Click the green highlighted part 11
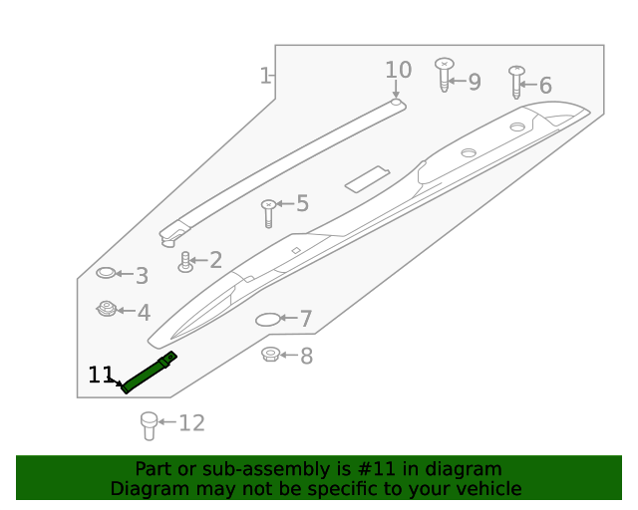(x=149, y=373)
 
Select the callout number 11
(x=101, y=376)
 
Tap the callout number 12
(x=191, y=423)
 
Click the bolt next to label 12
(x=149, y=425)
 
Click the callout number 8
(x=306, y=356)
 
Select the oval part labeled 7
(x=268, y=320)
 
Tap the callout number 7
(x=306, y=320)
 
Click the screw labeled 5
(x=267, y=212)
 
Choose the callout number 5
(x=302, y=204)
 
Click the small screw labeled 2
(x=184, y=262)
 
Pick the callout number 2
(x=214, y=261)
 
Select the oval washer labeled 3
(x=107, y=273)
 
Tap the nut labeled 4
(x=107, y=310)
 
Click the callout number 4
(x=144, y=313)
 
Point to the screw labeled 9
(x=445, y=75)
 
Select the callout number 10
(x=398, y=70)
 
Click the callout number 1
(x=265, y=76)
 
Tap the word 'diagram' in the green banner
(x=463, y=469)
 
